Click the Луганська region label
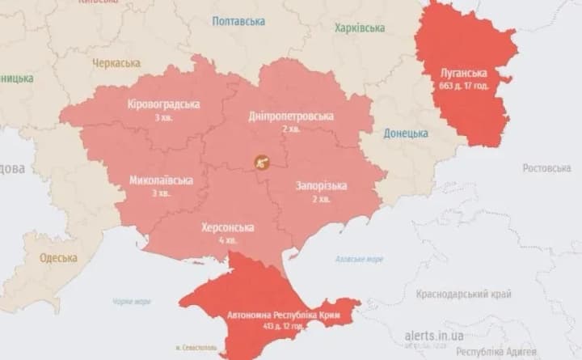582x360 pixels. [462, 71]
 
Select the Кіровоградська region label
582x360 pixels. [164, 104]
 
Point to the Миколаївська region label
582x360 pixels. [161, 180]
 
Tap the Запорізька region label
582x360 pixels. [320, 186]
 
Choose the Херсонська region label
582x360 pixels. [227, 228]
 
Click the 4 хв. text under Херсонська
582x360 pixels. [227, 240]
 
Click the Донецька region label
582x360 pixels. [406, 133]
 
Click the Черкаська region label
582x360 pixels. [116, 63]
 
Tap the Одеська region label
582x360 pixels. [58, 258]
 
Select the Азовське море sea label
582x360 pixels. [360, 260]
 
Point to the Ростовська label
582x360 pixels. [546, 168]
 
